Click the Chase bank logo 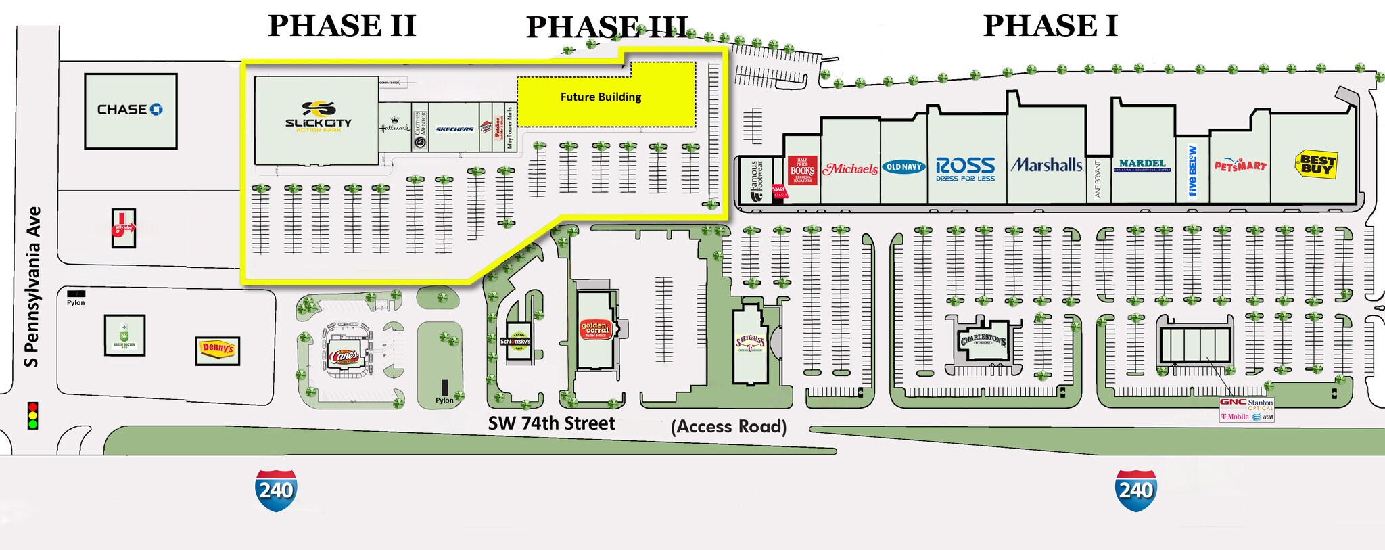coord(130,110)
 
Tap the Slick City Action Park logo coord(318,116)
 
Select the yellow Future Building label coord(601,97)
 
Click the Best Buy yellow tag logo coord(1316,164)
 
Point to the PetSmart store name coord(1240,165)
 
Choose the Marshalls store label coord(1046,164)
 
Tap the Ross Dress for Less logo coord(965,168)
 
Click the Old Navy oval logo coord(903,166)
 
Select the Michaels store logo coord(850,168)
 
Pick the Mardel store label coord(1142,164)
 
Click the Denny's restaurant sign coord(218,349)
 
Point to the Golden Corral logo coord(595,329)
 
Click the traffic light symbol coord(32,415)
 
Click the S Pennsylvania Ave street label coord(32,288)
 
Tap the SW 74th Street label coord(551,423)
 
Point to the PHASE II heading coord(342,26)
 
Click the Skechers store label coord(454,129)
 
